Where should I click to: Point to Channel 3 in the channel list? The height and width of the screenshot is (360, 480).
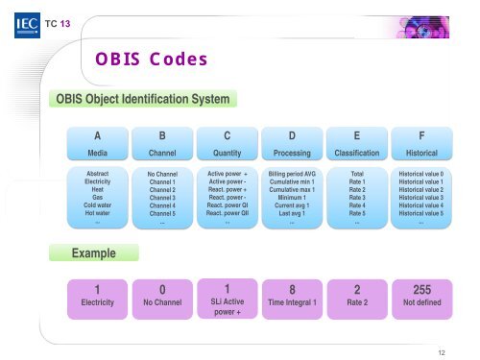162,198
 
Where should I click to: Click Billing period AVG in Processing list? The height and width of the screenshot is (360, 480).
292,175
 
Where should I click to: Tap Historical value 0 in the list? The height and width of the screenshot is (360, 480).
421,175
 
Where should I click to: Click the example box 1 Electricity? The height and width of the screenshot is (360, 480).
97,294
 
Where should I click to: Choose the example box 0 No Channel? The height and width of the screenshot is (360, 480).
162,294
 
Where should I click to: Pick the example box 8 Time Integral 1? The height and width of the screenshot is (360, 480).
292,294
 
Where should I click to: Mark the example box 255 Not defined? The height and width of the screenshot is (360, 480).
421,294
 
